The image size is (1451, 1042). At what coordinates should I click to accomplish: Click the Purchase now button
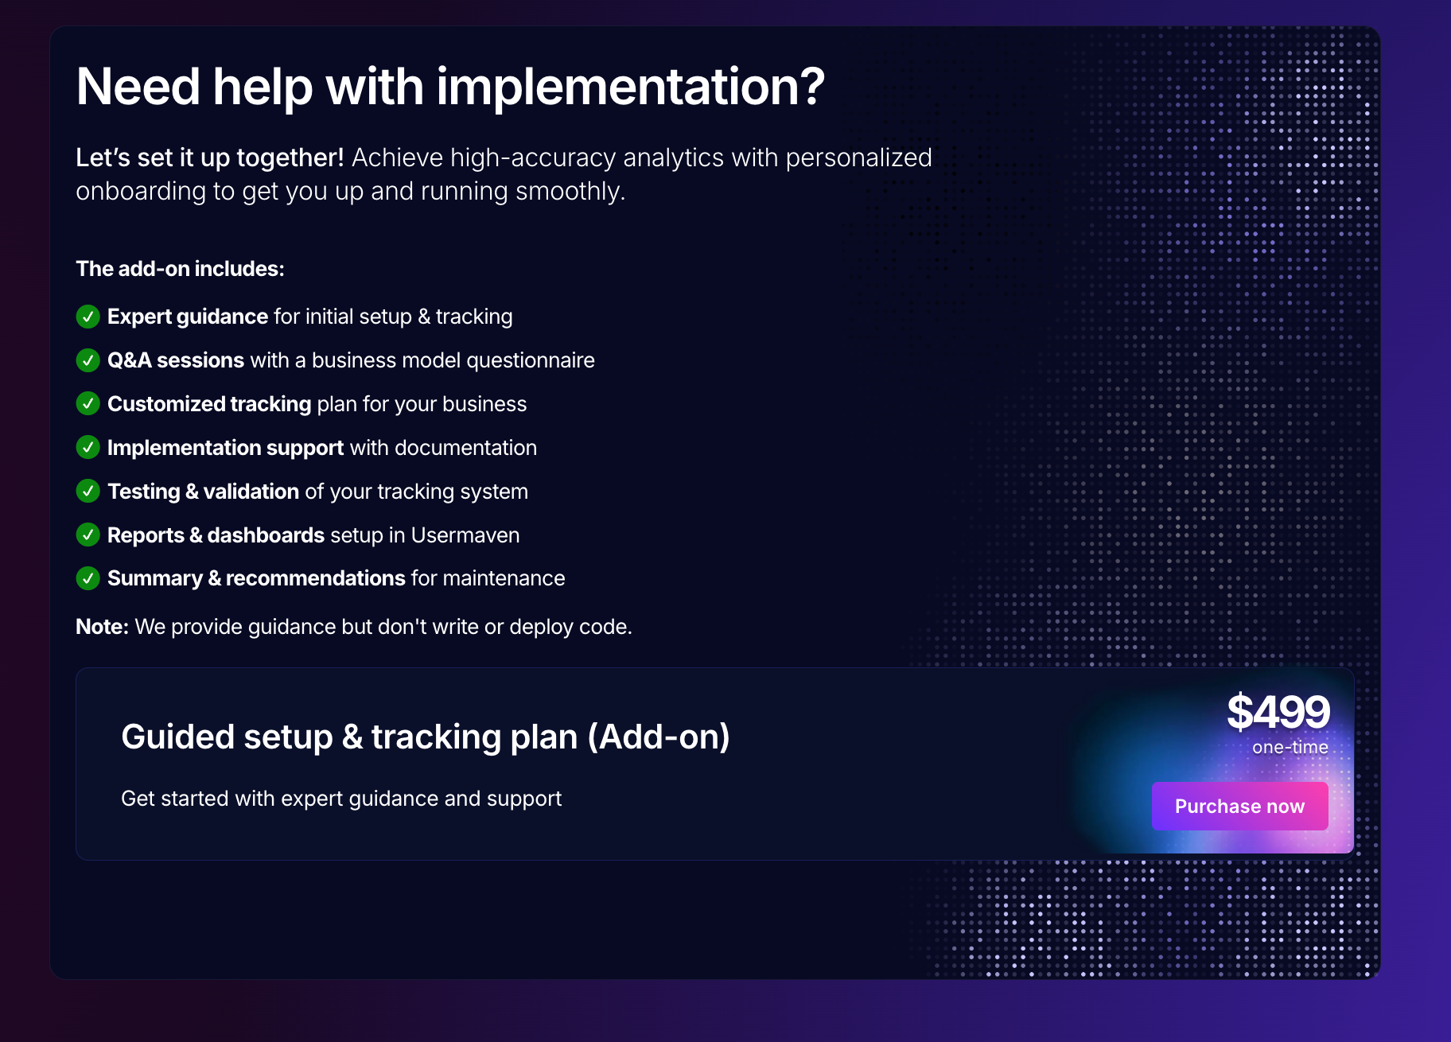[x=1239, y=806]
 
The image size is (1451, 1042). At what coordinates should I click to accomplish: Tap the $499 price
[x=1278, y=711]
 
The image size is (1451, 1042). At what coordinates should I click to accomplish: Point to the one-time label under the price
[x=1290, y=748]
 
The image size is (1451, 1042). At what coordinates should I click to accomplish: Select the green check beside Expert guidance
[x=88, y=317]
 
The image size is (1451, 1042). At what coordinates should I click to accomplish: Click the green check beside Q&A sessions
[x=88, y=360]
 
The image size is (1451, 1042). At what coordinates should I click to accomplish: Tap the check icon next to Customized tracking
[x=88, y=404]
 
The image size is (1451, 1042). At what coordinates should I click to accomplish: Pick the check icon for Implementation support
[x=88, y=448]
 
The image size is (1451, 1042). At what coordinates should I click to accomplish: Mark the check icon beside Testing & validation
[x=88, y=492]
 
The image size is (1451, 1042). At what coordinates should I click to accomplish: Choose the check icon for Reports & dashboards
[x=88, y=535]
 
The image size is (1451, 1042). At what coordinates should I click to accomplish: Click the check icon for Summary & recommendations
[x=88, y=578]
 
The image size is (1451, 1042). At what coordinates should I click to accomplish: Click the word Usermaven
[x=465, y=535]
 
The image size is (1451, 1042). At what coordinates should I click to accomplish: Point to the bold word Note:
[x=102, y=627]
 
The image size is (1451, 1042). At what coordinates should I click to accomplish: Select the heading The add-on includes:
[x=180, y=269]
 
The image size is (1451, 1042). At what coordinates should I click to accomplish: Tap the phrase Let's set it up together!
[x=210, y=157]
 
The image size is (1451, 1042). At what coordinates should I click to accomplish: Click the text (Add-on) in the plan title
[x=659, y=737]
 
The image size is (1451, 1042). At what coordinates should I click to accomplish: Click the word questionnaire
[x=531, y=361]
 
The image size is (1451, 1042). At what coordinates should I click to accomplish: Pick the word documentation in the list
[x=465, y=448]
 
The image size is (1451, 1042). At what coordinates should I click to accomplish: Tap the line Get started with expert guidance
[x=341, y=799]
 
